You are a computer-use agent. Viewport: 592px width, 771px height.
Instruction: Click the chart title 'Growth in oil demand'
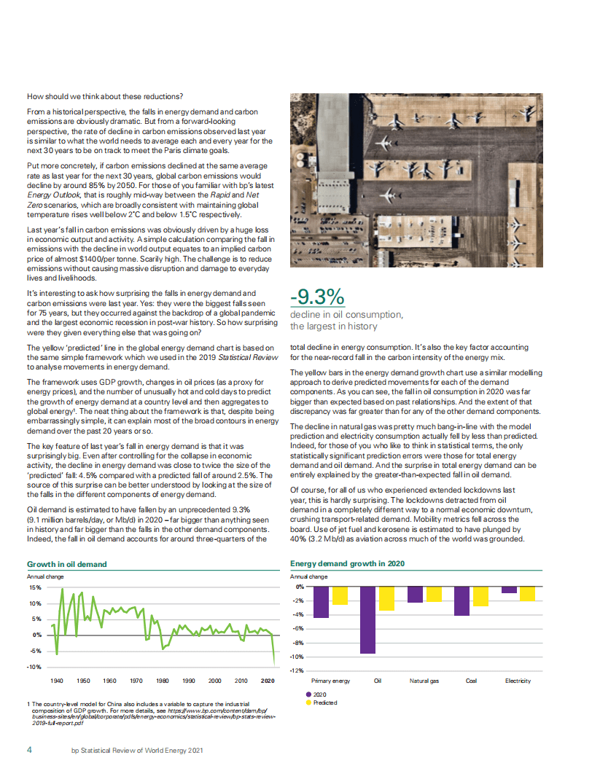coord(67,564)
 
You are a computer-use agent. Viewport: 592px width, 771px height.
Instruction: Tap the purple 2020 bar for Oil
coord(368,619)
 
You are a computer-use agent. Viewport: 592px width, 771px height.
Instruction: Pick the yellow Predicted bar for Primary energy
coord(340,595)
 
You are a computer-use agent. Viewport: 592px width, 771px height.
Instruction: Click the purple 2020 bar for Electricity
coord(509,590)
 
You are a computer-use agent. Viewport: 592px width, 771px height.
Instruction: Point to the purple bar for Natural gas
coord(415,594)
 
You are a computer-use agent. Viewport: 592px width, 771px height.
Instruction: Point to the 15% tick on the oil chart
coord(35,587)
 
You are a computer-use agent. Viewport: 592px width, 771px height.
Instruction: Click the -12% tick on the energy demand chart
coord(297,670)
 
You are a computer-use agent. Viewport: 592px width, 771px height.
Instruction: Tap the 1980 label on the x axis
coord(163,681)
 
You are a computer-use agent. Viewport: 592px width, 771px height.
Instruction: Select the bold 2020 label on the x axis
coord(268,681)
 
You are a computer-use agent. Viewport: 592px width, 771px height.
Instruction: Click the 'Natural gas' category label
coord(424,681)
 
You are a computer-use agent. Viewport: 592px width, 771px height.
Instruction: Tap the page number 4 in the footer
coord(29,749)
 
